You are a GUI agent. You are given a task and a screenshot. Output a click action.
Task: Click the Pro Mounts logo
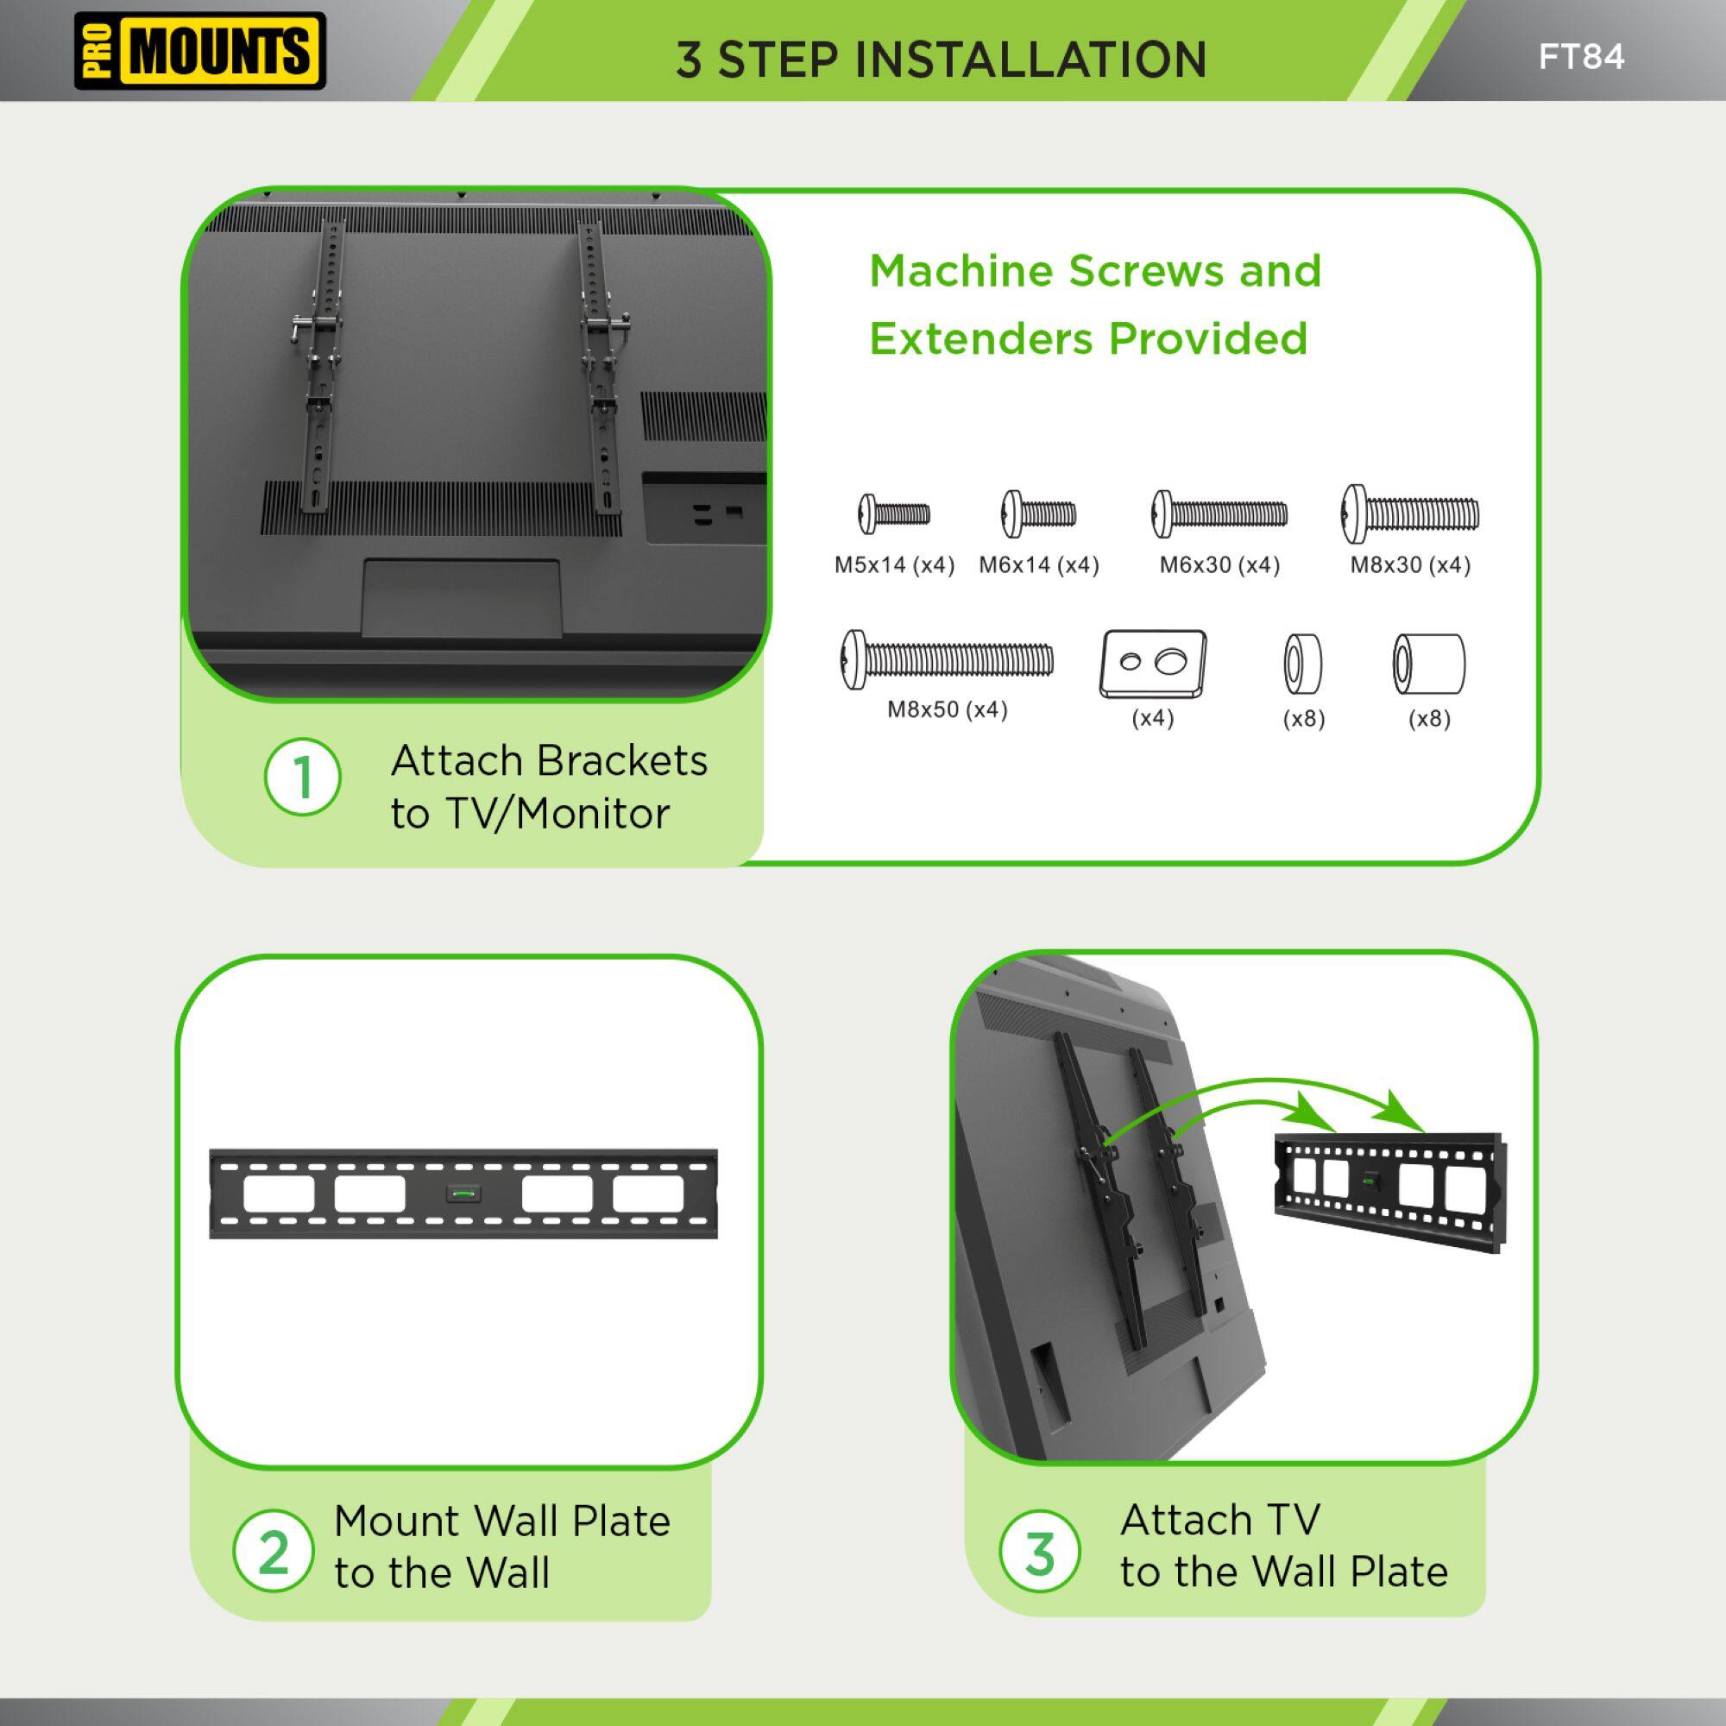point(199,51)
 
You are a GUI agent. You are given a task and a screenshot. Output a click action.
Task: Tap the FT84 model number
point(1580,57)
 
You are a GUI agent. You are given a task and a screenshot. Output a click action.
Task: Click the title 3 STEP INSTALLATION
point(941,60)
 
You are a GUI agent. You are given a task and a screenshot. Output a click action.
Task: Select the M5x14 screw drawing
point(894,513)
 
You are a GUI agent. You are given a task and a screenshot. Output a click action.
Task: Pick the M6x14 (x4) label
point(1038,565)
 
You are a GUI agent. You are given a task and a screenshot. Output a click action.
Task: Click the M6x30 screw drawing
point(1219,513)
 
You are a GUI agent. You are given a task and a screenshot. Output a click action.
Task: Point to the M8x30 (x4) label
point(1410,565)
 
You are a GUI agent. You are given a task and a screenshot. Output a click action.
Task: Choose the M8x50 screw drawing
point(947,660)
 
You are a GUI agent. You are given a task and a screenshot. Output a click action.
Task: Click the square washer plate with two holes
point(1152,663)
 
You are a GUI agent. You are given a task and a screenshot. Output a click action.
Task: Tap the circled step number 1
point(303,778)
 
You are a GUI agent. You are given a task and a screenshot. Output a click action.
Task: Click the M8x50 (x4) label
point(947,710)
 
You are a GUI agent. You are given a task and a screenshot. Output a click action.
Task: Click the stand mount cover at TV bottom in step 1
point(461,599)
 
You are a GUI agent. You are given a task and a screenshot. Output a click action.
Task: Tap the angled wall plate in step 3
point(1388,1193)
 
